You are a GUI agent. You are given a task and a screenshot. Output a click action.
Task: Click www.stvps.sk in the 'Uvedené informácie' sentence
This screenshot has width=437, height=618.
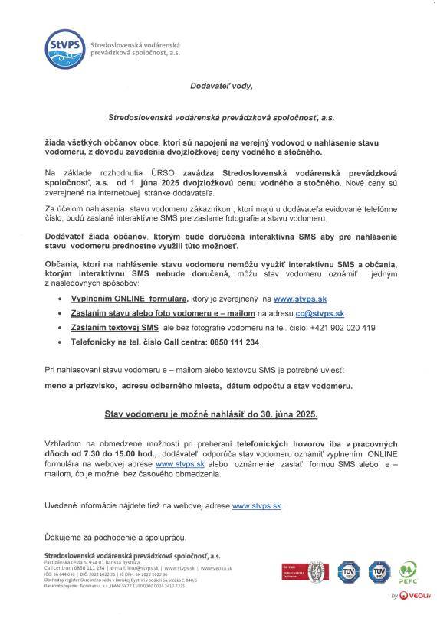pyautogui.click(x=257, y=505)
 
